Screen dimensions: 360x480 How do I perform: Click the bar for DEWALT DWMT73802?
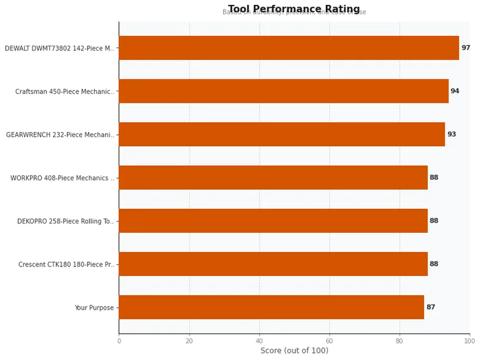click(x=289, y=48)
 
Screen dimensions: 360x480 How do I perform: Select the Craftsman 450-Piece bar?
click(x=283, y=91)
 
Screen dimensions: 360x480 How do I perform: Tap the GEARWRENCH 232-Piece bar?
click(x=281, y=134)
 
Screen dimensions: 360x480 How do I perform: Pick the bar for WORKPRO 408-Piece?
click(x=273, y=178)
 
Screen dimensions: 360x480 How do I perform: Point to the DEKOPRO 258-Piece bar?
click(x=273, y=221)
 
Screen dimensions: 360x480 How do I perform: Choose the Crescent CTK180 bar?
click(x=273, y=264)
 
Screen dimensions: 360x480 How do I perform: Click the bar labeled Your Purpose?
click(x=271, y=307)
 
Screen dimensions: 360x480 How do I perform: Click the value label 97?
click(x=466, y=48)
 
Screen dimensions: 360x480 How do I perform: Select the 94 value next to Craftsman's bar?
click(x=455, y=91)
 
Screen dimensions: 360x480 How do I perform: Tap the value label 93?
click(x=451, y=134)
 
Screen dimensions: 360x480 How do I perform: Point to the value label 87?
click(x=431, y=307)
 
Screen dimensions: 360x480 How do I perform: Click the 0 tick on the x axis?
click(x=119, y=341)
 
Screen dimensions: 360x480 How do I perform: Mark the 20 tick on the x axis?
click(x=189, y=341)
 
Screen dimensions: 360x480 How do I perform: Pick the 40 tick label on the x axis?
click(x=259, y=341)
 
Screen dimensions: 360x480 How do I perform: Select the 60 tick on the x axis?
click(x=329, y=341)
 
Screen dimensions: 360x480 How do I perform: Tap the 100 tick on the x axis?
click(x=469, y=341)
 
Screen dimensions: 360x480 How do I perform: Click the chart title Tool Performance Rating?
click(x=294, y=9)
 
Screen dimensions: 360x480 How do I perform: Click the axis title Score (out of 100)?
click(x=294, y=351)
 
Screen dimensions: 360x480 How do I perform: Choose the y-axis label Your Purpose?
click(x=94, y=308)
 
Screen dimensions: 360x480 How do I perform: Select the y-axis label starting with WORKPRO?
click(x=62, y=178)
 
